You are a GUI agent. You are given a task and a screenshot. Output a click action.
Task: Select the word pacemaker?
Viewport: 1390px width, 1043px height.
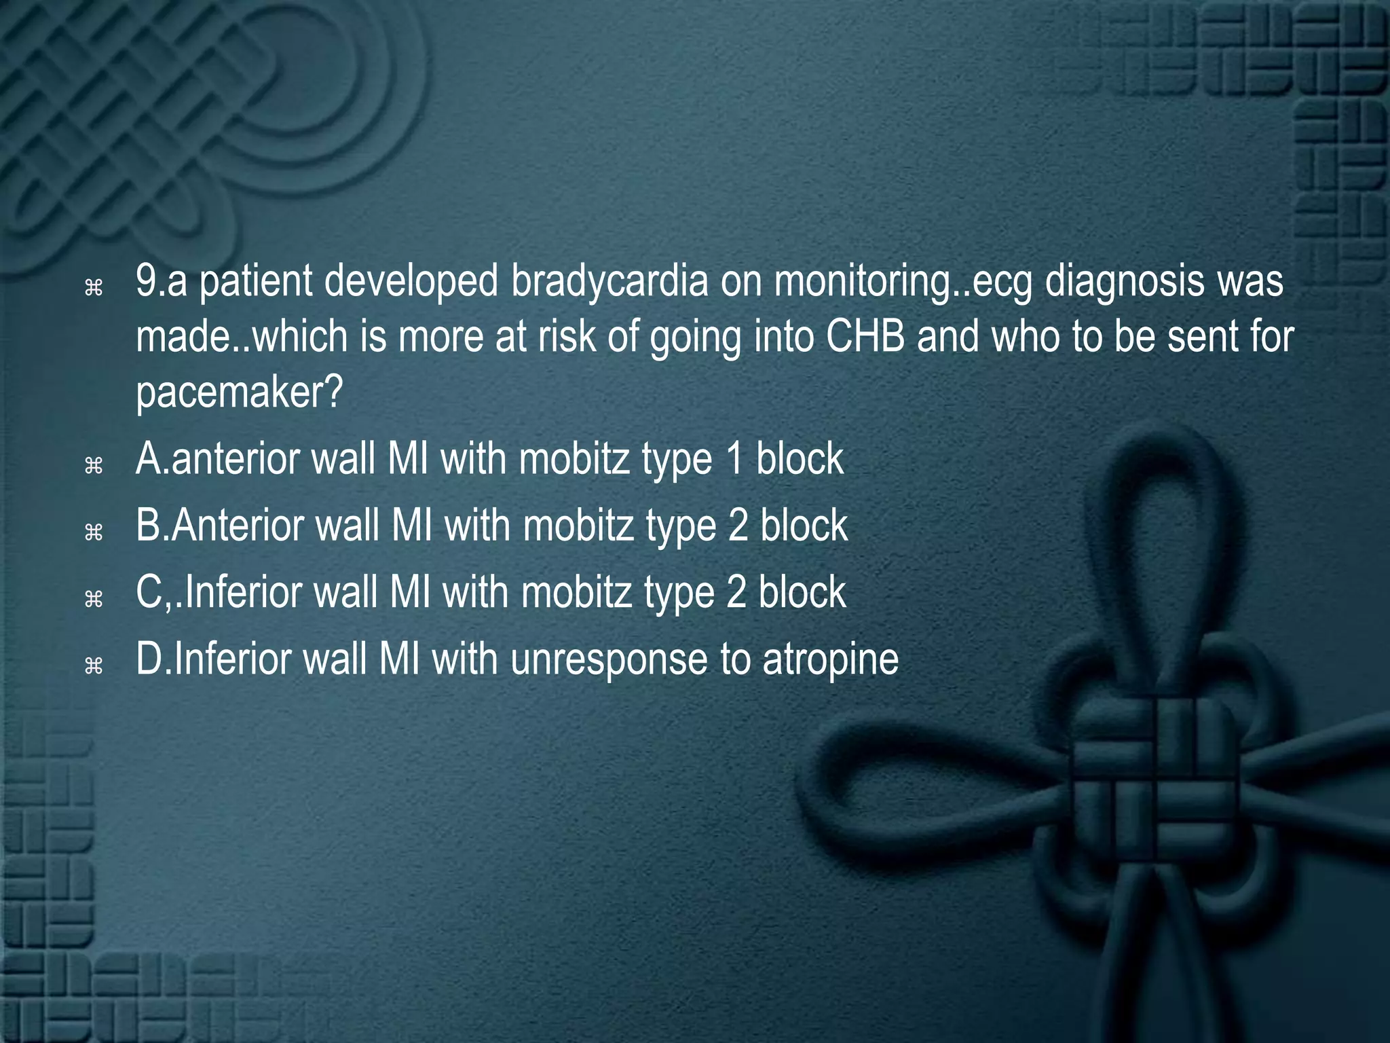[x=240, y=392]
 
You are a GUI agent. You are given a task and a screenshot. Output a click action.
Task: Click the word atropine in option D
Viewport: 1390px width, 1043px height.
[x=831, y=659]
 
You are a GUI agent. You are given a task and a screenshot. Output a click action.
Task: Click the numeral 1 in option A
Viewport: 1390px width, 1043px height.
[x=734, y=460]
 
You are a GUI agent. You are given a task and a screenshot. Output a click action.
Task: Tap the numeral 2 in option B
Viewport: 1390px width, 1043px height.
[x=738, y=526]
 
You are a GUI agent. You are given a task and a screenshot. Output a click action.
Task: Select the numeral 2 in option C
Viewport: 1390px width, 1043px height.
[x=736, y=593]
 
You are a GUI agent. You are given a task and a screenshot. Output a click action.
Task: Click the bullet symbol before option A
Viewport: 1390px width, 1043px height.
[x=93, y=465]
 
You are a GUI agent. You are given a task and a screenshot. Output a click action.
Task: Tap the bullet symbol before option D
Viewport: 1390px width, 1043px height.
[x=93, y=665]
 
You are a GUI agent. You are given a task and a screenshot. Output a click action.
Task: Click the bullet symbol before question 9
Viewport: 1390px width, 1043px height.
[x=93, y=289]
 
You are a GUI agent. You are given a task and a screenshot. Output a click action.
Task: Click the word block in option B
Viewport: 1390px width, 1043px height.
[x=804, y=526]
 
